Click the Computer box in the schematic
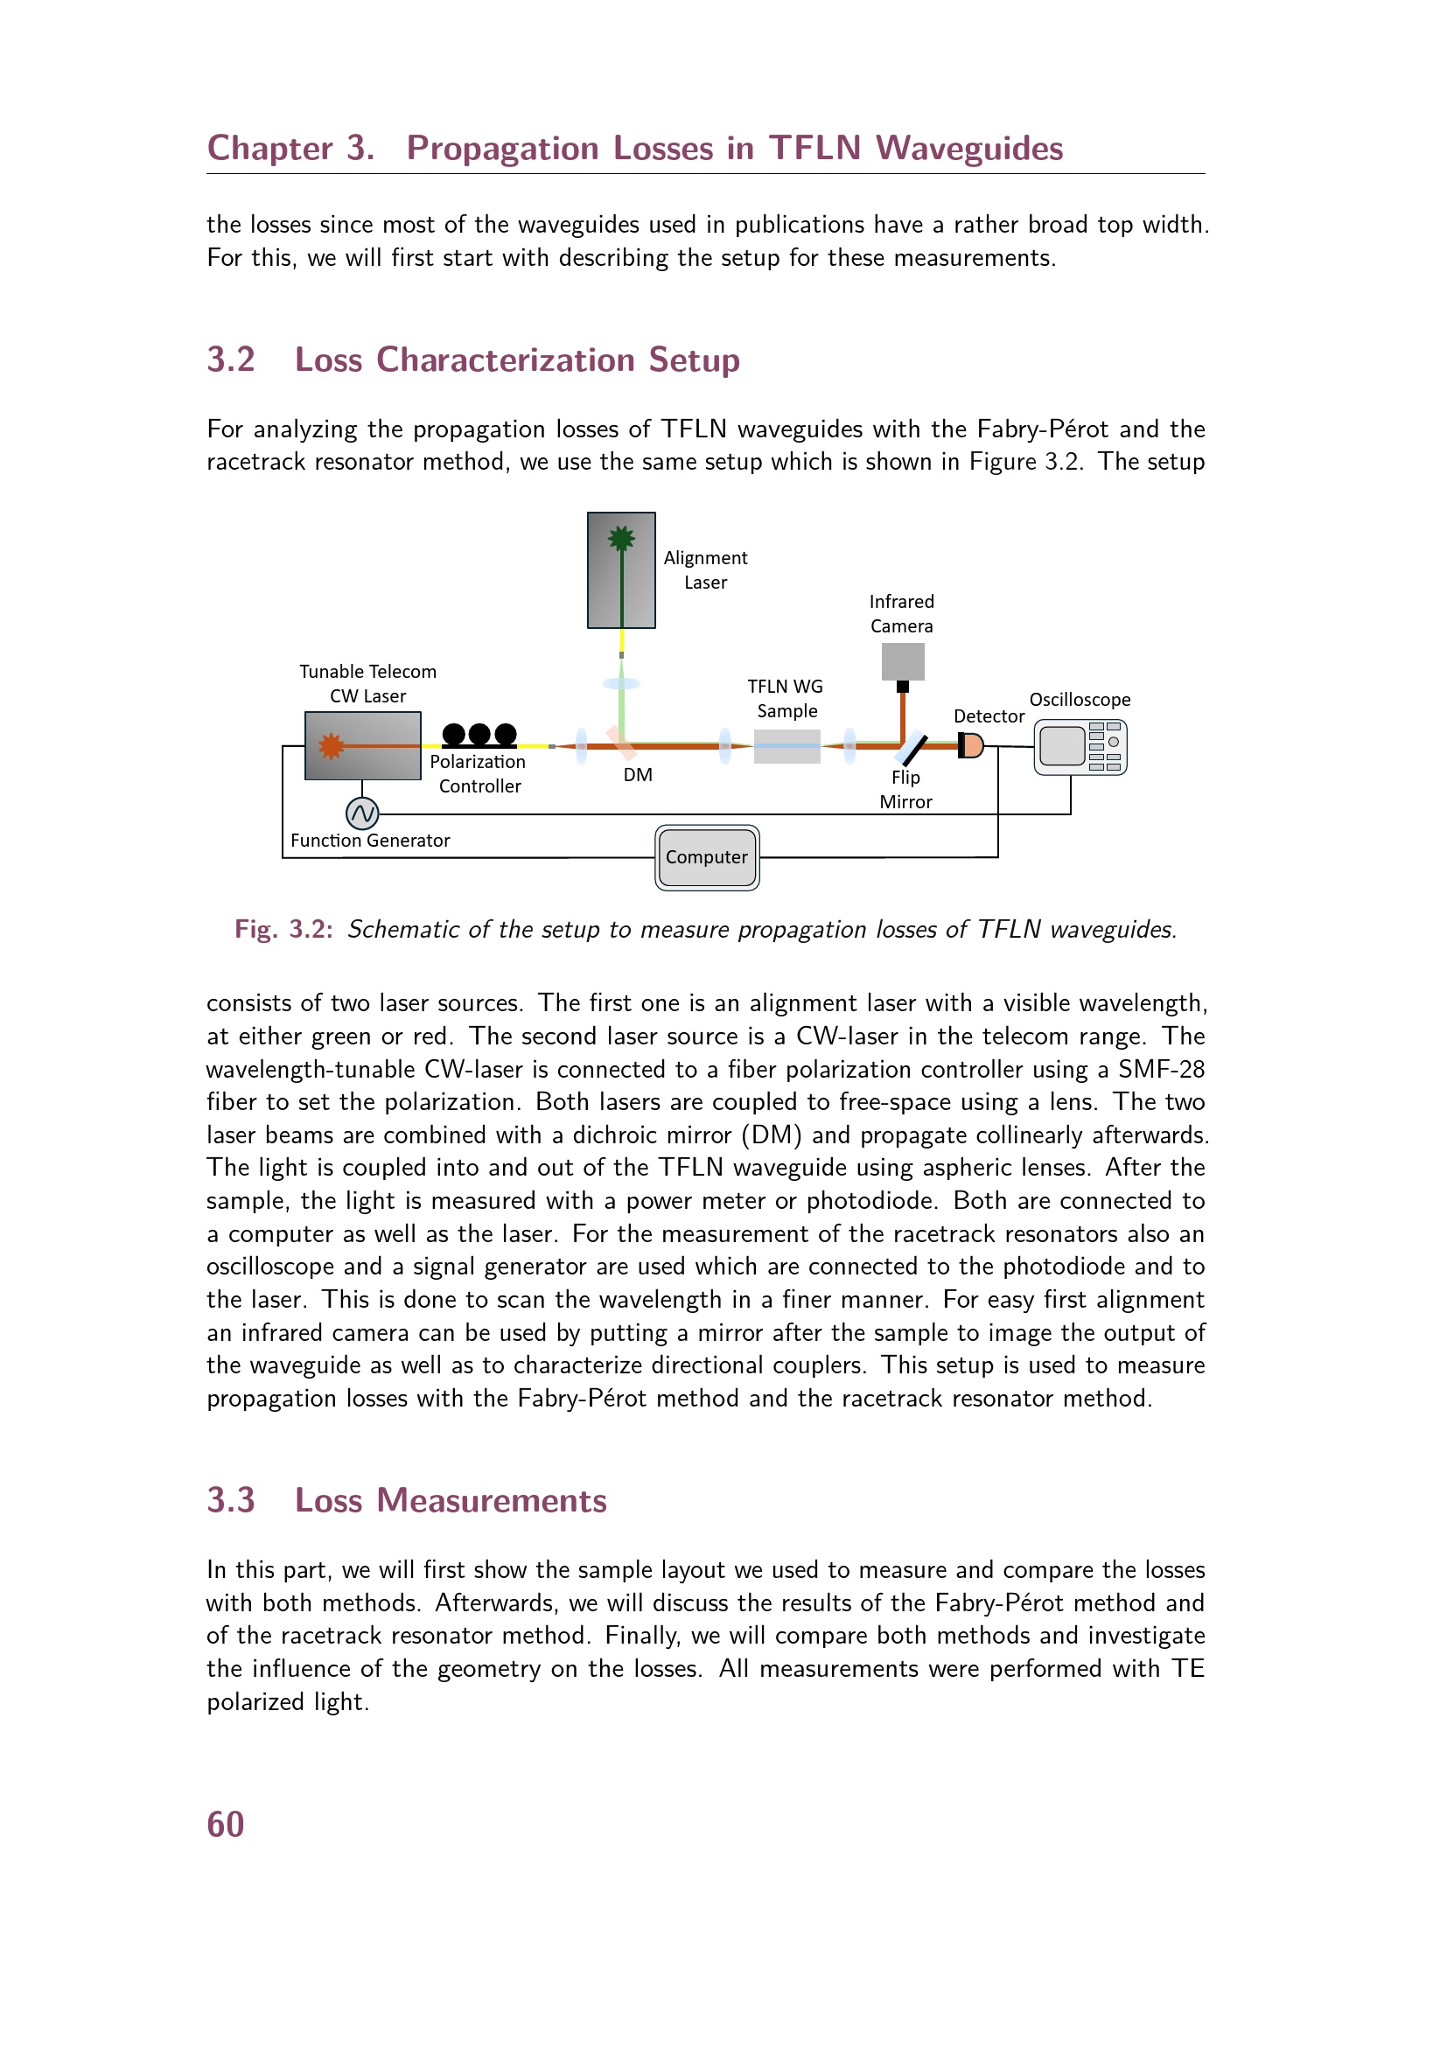click(707, 857)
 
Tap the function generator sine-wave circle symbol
click(362, 813)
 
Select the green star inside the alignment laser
click(621, 538)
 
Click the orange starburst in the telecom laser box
click(332, 746)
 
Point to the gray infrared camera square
click(903, 662)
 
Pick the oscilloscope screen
click(1062, 746)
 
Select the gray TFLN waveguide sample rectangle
click(786, 746)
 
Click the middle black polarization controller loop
click(479, 734)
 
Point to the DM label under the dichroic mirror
click(638, 775)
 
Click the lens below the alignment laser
click(621, 683)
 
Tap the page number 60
click(226, 1825)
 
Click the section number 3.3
click(231, 1501)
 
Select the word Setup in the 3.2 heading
click(694, 361)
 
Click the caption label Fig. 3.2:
click(284, 930)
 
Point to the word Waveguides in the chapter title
click(969, 149)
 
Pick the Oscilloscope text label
click(1080, 700)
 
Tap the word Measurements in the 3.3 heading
click(492, 1501)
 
